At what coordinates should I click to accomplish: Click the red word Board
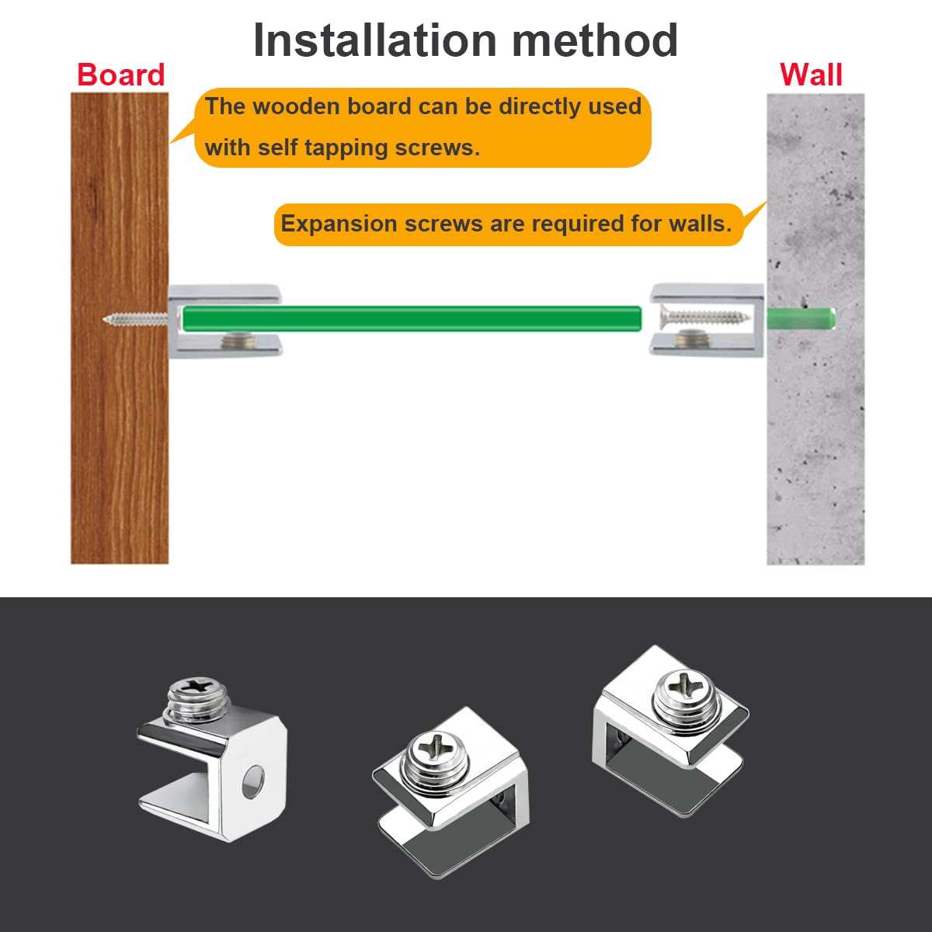(121, 75)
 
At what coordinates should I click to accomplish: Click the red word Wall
(812, 75)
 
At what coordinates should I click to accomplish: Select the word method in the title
(594, 40)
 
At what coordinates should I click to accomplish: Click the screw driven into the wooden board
(135, 318)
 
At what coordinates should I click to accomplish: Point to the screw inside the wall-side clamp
(706, 317)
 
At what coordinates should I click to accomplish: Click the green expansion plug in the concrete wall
(801, 318)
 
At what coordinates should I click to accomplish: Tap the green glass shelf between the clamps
(412, 318)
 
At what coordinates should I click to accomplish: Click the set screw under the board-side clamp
(238, 340)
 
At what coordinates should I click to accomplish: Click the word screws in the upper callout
(437, 148)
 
